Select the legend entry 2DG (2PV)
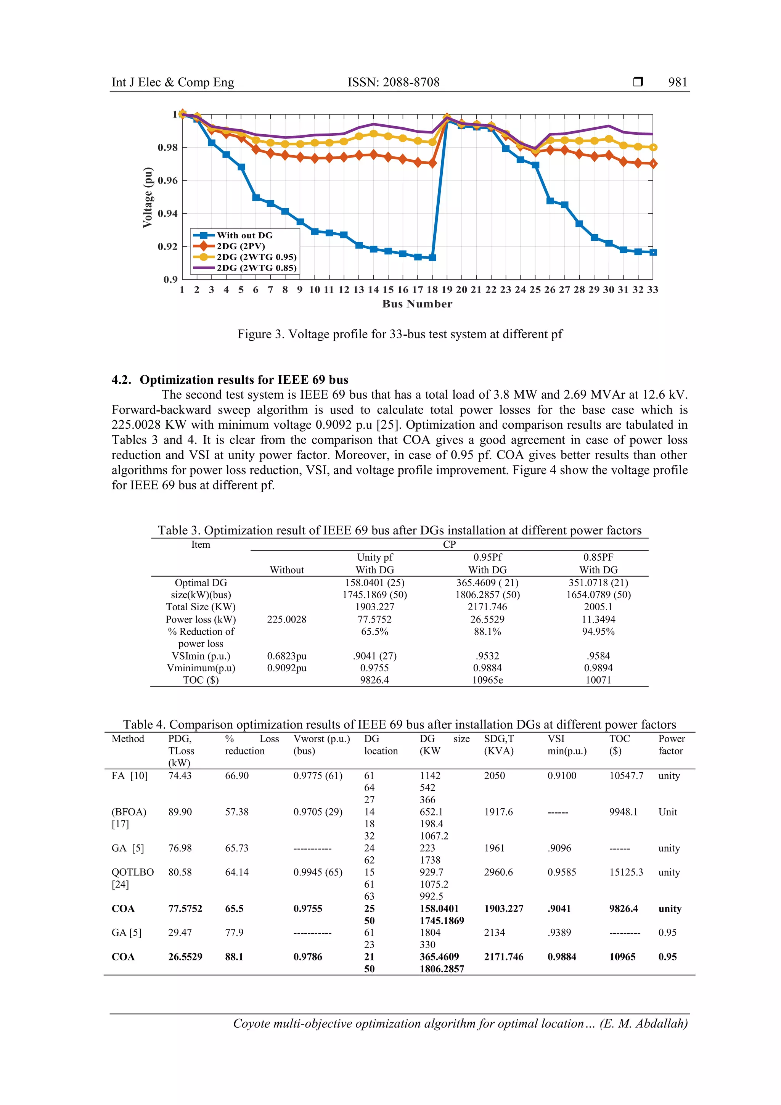pos(241,246)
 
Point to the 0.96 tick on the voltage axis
pos(167,180)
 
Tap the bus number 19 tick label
pos(447,290)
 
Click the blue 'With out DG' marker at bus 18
pos(432,257)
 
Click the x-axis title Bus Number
pos(417,304)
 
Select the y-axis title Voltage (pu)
pos(147,197)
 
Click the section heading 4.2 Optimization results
pos(230,380)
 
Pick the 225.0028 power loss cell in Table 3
pos(286,619)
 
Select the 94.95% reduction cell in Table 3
pos(598,631)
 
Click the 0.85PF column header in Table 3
pos(598,557)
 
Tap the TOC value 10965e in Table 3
pos(487,680)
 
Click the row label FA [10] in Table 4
pos(129,776)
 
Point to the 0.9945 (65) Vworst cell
pos(318,872)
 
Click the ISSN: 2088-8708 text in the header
pos(393,82)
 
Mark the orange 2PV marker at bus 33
pos(652,164)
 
